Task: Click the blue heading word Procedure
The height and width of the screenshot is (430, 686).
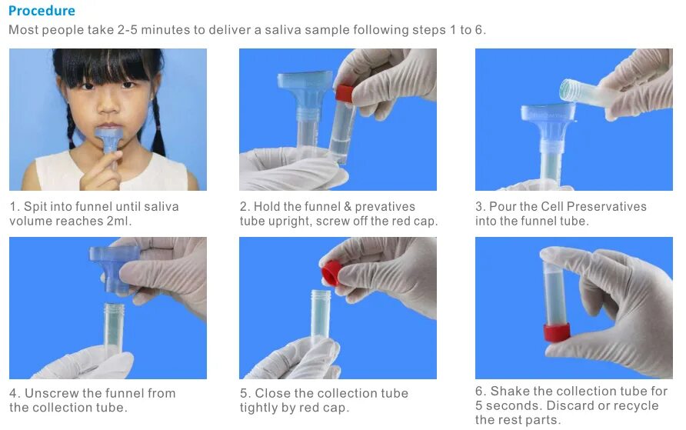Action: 42,11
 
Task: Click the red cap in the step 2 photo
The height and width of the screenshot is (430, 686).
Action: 345,93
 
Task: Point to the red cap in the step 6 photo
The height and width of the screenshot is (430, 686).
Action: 557,332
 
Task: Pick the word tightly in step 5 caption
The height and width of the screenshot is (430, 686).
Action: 259,408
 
